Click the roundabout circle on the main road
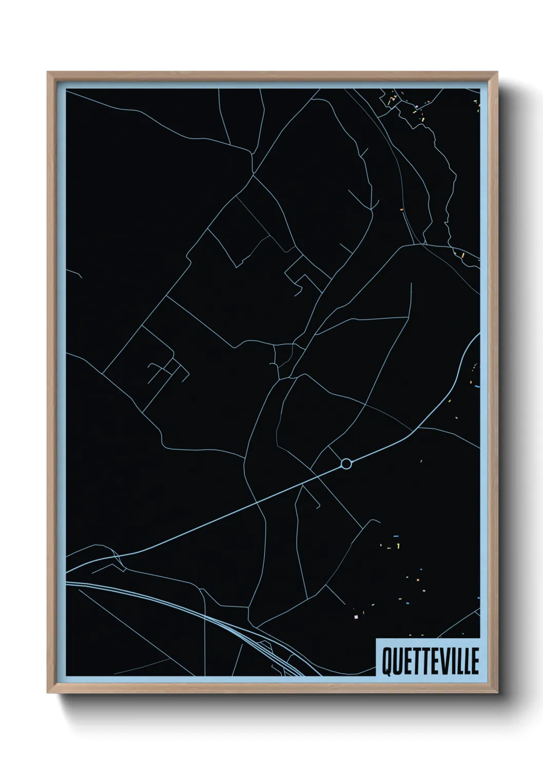click(346, 464)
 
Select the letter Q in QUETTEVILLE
click(385, 662)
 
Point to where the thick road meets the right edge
click(478, 336)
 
